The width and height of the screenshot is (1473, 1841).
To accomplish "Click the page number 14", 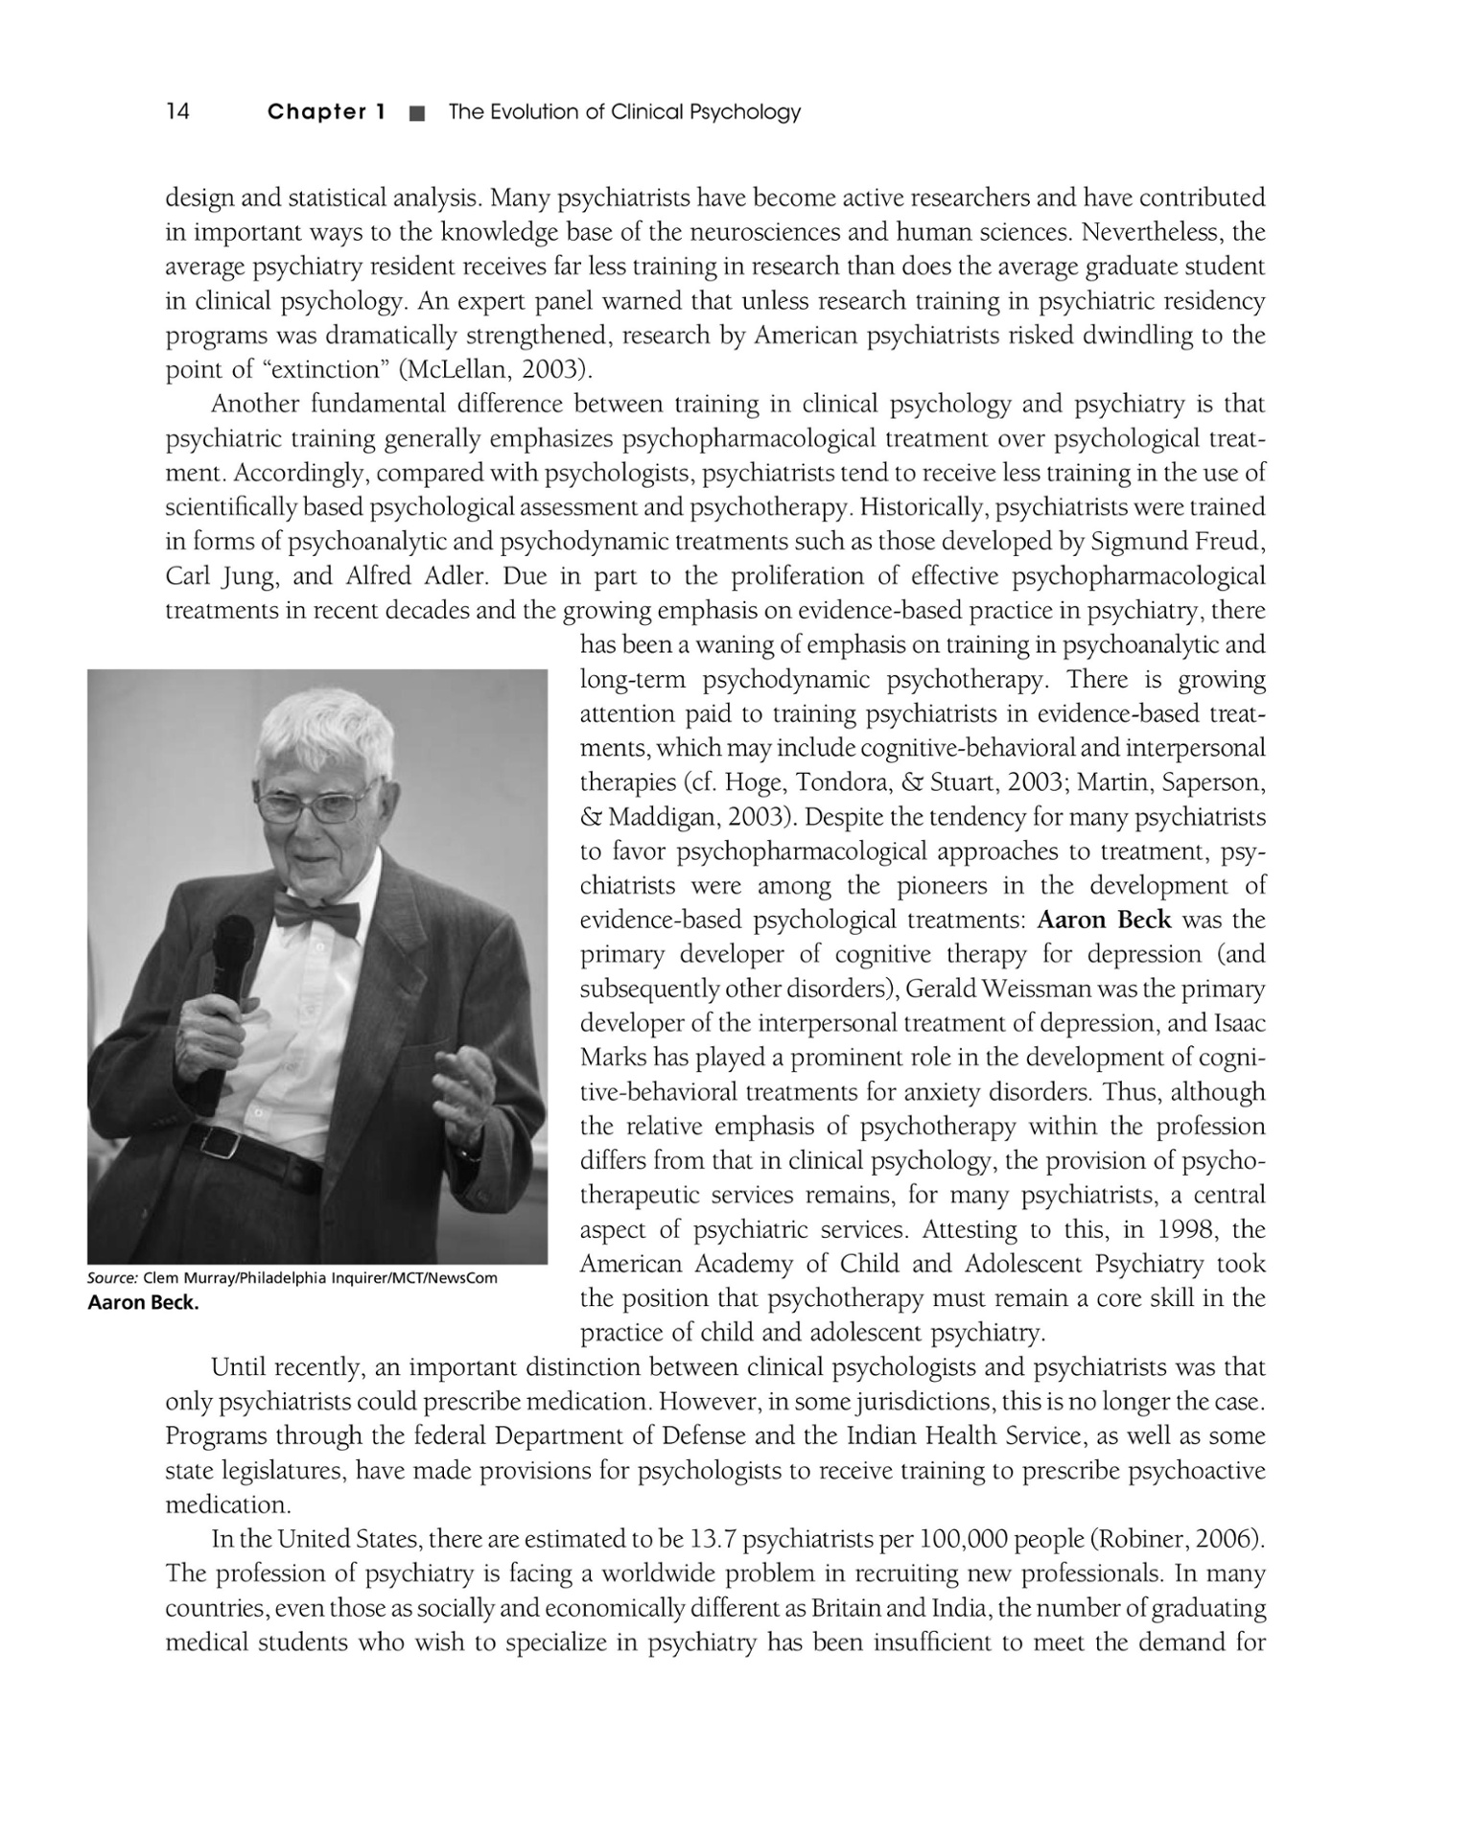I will (x=178, y=112).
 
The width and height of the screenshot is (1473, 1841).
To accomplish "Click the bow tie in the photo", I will (x=316, y=914).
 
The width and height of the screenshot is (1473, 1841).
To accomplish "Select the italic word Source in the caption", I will (x=112, y=1278).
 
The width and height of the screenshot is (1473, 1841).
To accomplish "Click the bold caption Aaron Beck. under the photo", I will (x=143, y=1302).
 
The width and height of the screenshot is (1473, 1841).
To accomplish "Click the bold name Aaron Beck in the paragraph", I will (x=1104, y=920).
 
